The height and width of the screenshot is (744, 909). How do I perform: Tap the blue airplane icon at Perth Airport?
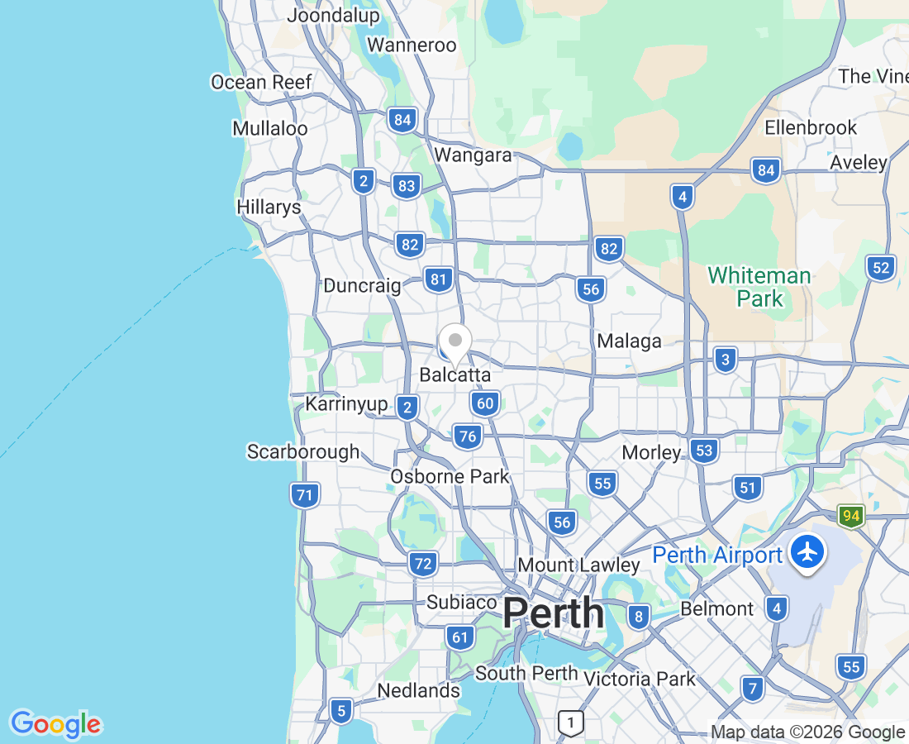pyautogui.click(x=807, y=551)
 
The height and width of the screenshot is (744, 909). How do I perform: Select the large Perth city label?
pyautogui.click(x=553, y=613)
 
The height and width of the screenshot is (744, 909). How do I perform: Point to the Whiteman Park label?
pyautogui.click(x=759, y=287)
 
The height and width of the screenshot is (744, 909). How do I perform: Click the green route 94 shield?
pyautogui.click(x=851, y=517)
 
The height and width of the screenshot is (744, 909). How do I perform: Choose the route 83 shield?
pyautogui.click(x=406, y=186)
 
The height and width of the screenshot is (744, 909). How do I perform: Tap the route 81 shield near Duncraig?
pyautogui.click(x=438, y=279)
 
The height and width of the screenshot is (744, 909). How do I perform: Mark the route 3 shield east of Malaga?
pyautogui.click(x=725, y=360)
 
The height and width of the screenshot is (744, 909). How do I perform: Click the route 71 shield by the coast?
pyautogui.click(x=305, y=496)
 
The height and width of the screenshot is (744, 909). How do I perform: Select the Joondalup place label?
pyautogui.click(x=333, y=15)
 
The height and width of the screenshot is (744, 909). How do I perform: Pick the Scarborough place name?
pyautogui.click(x=303, y=451)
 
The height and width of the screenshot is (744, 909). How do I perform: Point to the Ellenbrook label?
pyautogui.click(x=811, y=128)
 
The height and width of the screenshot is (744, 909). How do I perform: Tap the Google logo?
pyautogui.click(x=55, y=724)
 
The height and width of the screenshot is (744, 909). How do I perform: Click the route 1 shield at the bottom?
pyautogui.click(x=569, y=722)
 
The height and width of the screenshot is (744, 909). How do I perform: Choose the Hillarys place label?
pyautogui.click(x=269, y=207)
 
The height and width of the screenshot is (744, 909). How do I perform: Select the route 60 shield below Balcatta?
pyautogui.click(x=485, y=403)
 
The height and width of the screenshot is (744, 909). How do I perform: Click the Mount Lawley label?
pyautogui.click(x=578, y=565)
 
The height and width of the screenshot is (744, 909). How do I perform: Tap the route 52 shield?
pyautogui.click(x=882, y=267)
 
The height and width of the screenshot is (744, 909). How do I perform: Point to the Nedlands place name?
pyautogui.click(x=418, y=690)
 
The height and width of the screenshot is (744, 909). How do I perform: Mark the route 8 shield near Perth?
pyautogui.click(x=637, y=616)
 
